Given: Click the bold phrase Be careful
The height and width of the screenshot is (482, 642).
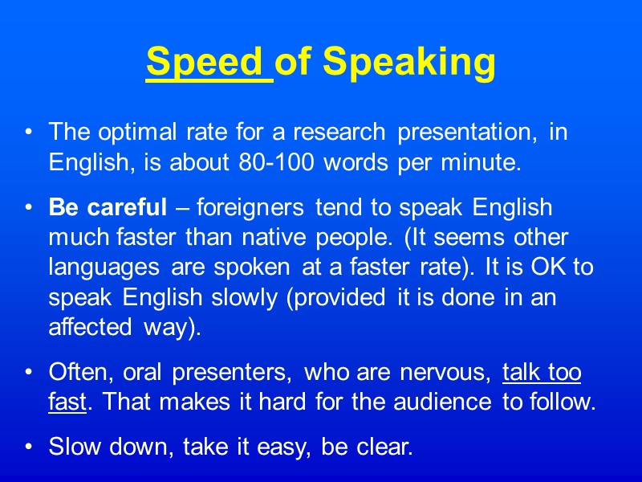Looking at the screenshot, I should tap(108, 207).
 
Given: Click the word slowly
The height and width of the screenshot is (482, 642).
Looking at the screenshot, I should tap(242, 298).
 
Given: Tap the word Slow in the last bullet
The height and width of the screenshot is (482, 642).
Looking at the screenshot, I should tap(73, 447).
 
